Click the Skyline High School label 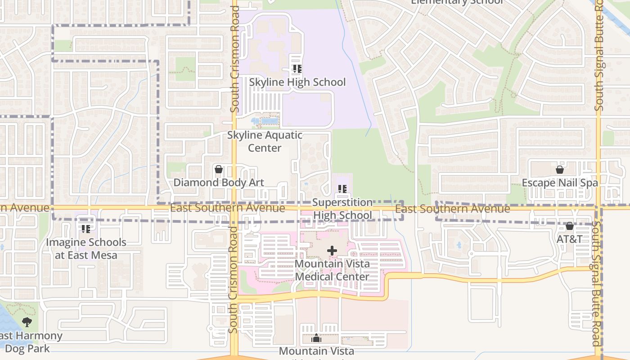[x=297, y=82]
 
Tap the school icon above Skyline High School [x=297, y=69]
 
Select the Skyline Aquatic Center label [x=265, y=141]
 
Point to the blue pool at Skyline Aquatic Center [x=268, y=121]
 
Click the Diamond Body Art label [x=219, y=182]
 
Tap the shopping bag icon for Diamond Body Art [x=219, y=170]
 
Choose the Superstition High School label [x=342, y=209]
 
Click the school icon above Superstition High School [x=342, y=189]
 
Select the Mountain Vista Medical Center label [x=332, y=270]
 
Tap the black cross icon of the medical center [x=332, y=251]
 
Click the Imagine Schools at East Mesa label [x=85, y=248]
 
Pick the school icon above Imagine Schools [x=85, y=229]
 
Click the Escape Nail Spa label [x=560, y=183]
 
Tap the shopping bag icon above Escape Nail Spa [x=560, y=170]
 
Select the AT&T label [x=570, y=239]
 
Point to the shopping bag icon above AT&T [x=570, y=226]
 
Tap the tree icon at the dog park [x=27, y=322]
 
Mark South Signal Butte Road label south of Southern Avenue [x=597, y=283]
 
